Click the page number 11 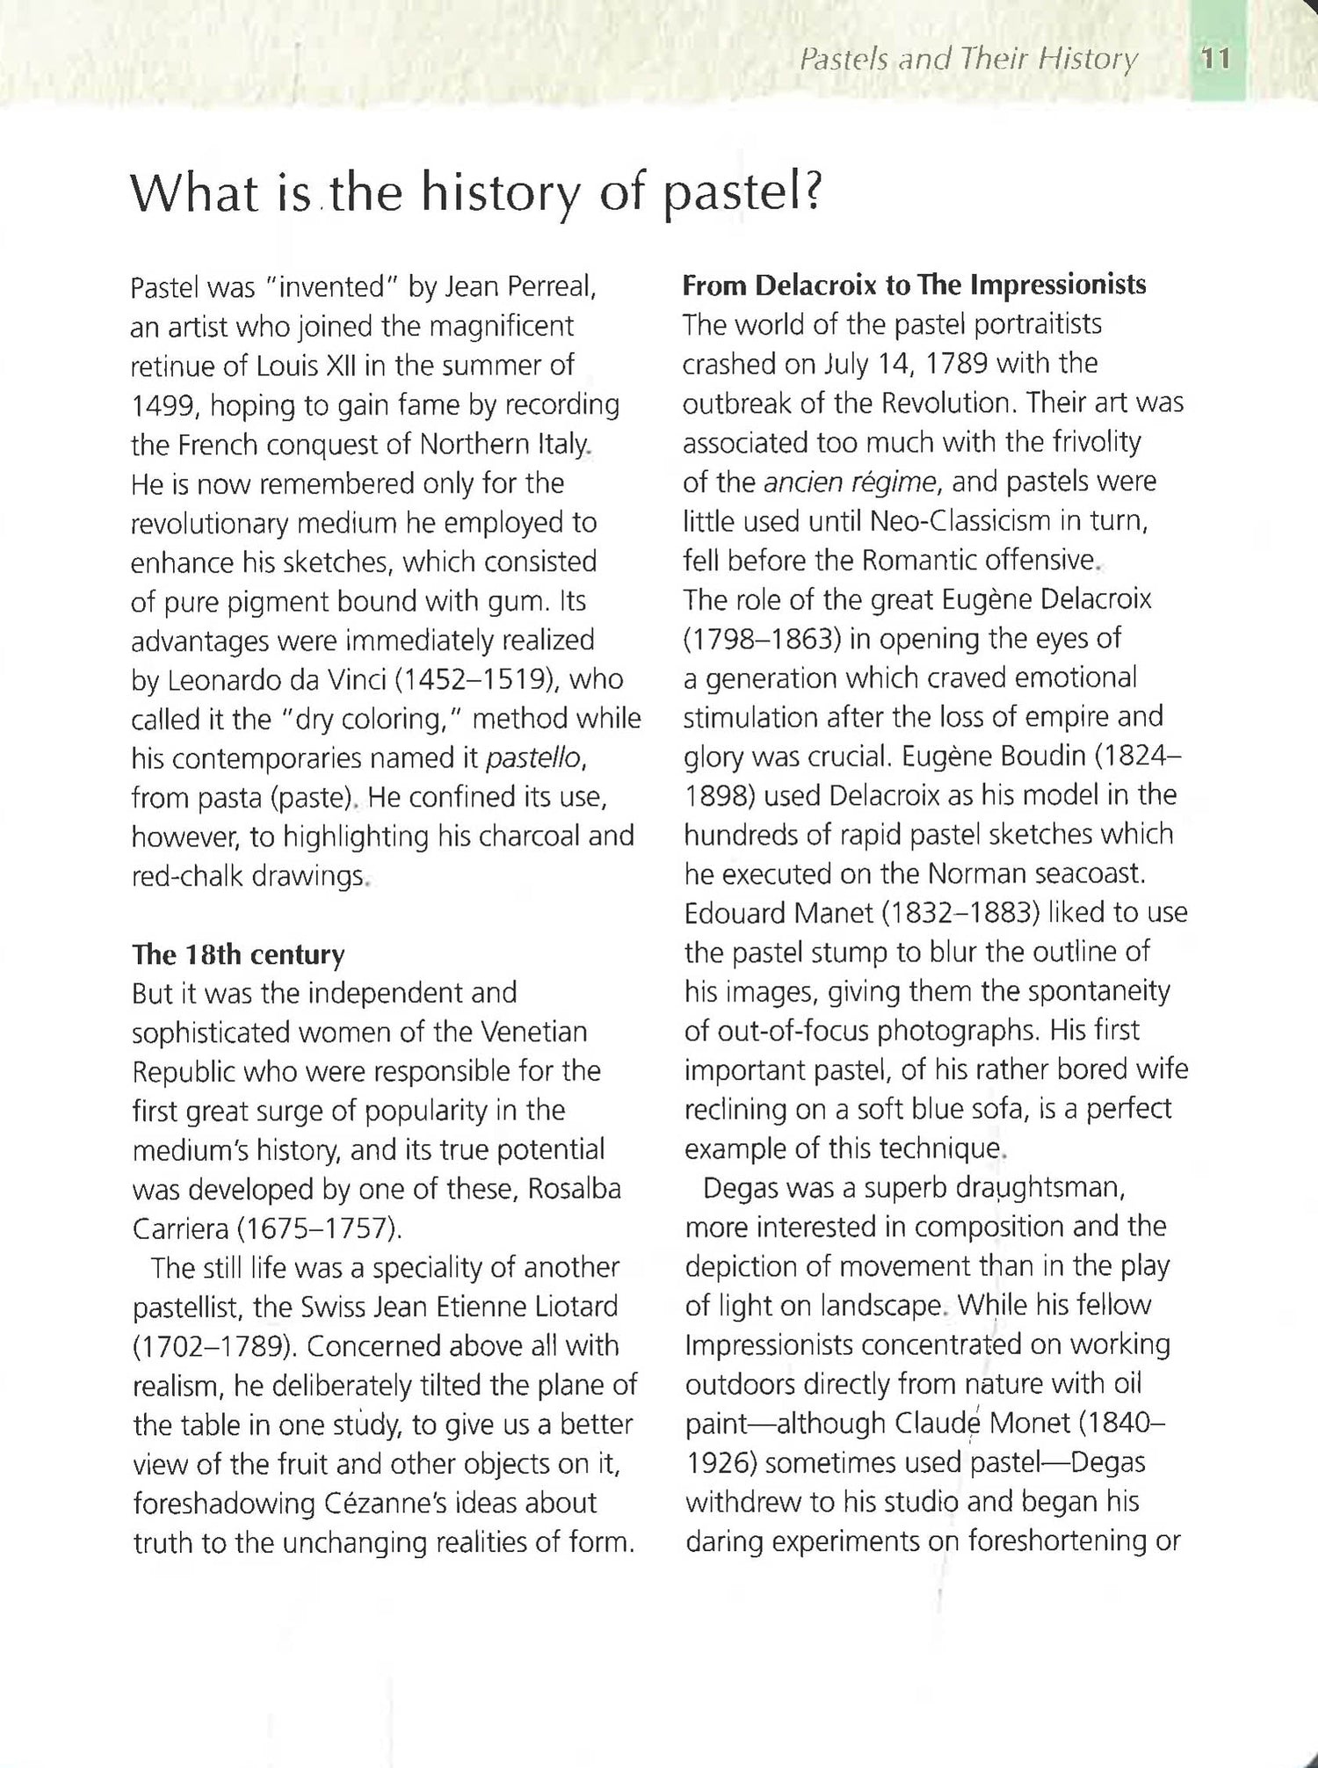point(1216,60)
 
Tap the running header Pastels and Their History point(968,60)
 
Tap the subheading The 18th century point(238,954)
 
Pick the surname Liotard point(576,1307)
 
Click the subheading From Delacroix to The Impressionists point(914,286)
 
